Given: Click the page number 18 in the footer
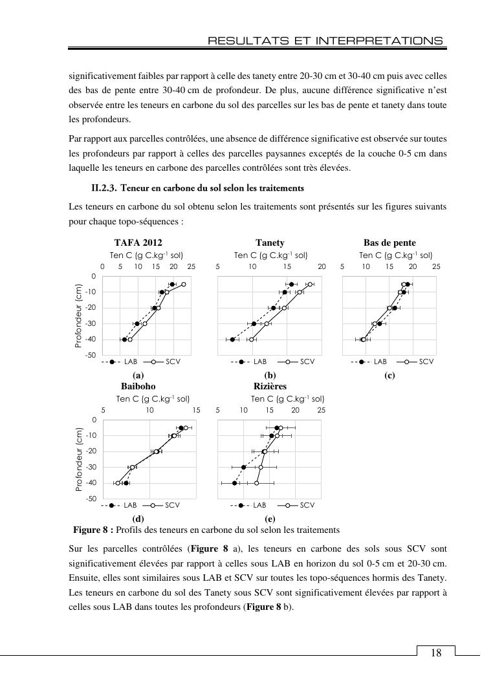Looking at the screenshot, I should point(436,653).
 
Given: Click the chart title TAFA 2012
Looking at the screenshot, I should point(138,243).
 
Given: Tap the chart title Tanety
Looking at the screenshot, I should point(270,243).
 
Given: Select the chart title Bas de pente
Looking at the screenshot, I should point(389,243).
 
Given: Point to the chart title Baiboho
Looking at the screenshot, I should point(138,386).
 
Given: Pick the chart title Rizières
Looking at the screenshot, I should point(270,386).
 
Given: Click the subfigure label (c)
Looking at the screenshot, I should point(389,375).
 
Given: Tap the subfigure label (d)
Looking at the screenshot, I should point(138,519).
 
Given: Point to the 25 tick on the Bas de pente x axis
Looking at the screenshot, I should point(436,266).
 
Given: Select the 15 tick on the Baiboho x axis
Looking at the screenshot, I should point(196,410).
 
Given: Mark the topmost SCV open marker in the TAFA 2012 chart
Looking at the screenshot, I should point(183,285).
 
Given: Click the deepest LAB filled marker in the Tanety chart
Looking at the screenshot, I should point(232,340).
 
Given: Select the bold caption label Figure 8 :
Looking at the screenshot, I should point(93,530).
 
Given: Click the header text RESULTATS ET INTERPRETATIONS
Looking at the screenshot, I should point(325,41).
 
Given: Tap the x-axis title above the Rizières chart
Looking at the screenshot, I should point(287,399).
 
